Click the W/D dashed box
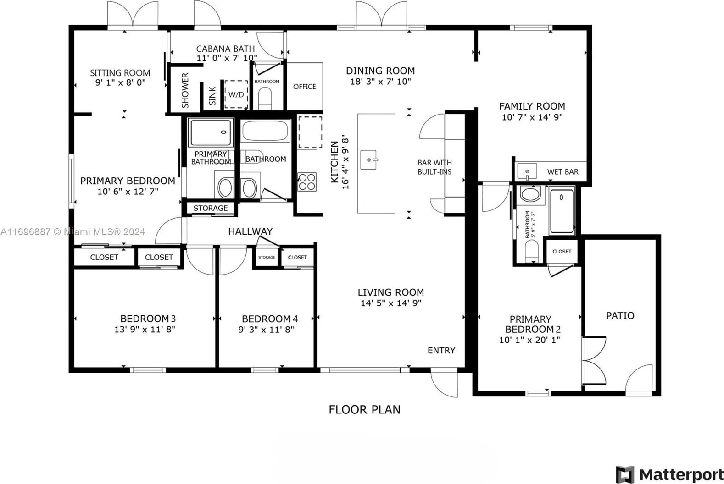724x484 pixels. (x=236, y=94)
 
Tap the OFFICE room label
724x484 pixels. (x=305, y=87)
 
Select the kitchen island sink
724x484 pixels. (x=369, y=160)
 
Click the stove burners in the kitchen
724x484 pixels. (x=307, y=182)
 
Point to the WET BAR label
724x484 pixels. (x=562, y=172)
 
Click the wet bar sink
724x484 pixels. (x=527, y=171)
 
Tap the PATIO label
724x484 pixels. (x=620, y=315)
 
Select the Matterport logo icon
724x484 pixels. (x=625, y=474)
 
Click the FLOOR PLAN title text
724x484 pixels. (x=365, y=409)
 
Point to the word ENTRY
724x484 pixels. (x=441, y=350)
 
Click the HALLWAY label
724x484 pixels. (x=251, y=231)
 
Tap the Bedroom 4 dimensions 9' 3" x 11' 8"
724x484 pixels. (x=266, y=330)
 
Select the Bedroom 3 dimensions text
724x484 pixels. (x=145, y=330)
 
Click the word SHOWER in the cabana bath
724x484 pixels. (x=185, y=90)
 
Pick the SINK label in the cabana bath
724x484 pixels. (x=212, y=96)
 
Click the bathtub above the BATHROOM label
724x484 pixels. (x=265, y=131)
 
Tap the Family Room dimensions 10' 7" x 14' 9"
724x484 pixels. (x=532, y=117)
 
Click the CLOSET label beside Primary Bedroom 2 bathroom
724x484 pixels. (x=562, y=251)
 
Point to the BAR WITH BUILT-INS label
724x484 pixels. (x=435, y=167)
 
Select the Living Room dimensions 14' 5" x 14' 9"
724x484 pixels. (x=391, y=303)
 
